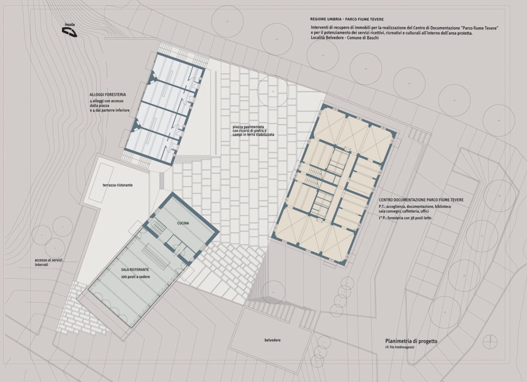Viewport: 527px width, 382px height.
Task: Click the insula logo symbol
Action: pos(69,32)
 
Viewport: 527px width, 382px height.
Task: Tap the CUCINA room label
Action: pos(183,223)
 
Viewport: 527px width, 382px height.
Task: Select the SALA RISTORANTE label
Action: pos(135,270)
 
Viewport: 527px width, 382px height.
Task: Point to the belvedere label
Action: pos(272,340)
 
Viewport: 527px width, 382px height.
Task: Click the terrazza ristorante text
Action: pos(118,185)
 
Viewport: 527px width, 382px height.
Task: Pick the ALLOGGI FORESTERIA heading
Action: pos(108,94)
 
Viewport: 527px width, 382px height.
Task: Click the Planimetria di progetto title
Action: pos(411,341)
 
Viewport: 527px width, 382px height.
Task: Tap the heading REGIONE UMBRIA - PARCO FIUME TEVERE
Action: pos(347,19)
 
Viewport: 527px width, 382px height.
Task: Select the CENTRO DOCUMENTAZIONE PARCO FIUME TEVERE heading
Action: pos(421,200)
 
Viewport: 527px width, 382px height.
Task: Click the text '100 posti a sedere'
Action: pos(136,277)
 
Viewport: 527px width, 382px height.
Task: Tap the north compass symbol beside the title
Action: pos(490,342)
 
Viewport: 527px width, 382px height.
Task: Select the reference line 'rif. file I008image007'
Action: pos(400,347)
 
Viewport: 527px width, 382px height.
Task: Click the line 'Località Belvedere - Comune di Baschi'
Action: pos(345,38)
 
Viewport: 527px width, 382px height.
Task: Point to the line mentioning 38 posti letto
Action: pos(405,218)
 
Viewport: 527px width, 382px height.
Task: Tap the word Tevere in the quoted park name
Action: pos(491,28)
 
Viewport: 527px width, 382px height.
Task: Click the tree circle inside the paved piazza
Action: pos(273,91)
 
